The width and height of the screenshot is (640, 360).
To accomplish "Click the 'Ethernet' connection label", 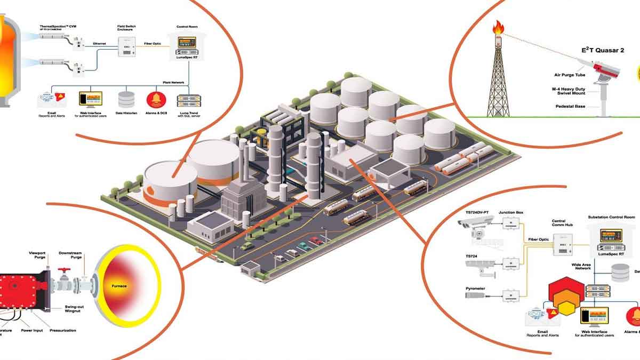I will coord(99,43).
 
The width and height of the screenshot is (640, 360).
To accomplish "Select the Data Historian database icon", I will coord(126,99).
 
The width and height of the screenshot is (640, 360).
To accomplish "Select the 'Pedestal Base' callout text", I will coord(570,107).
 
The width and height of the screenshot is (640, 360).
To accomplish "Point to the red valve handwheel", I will coord(65,270).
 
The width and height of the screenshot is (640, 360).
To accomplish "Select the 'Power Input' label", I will coord(32,331).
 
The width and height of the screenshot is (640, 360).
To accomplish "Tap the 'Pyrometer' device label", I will coord(475,289).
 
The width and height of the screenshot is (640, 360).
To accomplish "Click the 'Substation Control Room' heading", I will coord(611,217).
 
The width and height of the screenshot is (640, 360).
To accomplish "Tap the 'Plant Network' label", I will coord(174,83).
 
